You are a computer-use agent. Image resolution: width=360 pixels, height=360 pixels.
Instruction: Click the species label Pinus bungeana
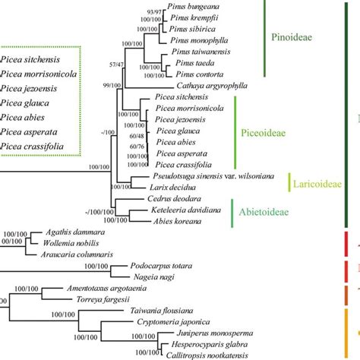tap(192, 6)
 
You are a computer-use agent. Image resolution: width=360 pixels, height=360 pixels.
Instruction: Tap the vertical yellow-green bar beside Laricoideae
tap(289, 183)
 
